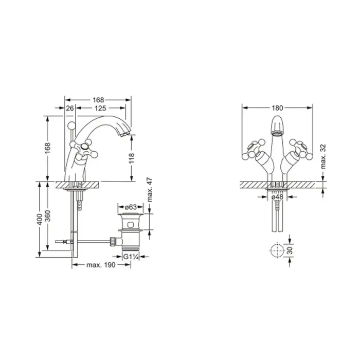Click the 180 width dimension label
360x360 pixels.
point(277,107)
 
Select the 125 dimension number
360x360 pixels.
point(100,108)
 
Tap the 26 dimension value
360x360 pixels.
point(70,108)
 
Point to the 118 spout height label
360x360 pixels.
point(132,158)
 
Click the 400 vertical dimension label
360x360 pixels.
point(40,219)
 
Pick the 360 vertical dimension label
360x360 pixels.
point(47,216)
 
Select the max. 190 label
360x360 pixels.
point(101,265)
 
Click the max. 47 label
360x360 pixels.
point(150,190)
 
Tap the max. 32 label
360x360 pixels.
point(323,156)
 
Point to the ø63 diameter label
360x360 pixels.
point(131,207)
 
